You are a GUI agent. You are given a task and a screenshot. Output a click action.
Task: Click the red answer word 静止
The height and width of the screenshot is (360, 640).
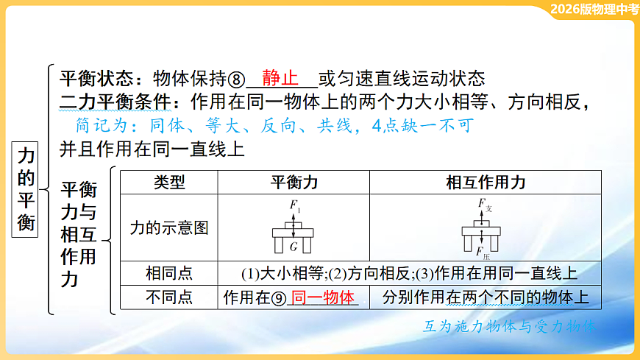[x=280, y=78]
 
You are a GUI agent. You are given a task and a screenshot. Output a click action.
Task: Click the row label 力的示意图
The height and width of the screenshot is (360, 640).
[x=169, y=227]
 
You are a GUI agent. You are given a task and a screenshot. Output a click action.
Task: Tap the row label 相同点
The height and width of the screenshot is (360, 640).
[x=169, y=274]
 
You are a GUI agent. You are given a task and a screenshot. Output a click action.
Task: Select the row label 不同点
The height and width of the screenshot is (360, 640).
[x=169, y=297]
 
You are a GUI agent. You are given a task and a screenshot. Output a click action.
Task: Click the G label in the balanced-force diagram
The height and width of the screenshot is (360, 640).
[x=294, y=247]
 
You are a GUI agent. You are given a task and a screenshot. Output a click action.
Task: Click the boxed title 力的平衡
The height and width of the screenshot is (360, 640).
[x=26, y=188]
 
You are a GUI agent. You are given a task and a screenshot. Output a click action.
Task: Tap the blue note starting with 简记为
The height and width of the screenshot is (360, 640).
[x=273, y=125]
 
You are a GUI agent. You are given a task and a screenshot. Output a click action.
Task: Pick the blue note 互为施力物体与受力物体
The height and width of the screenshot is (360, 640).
[x=509, y=325]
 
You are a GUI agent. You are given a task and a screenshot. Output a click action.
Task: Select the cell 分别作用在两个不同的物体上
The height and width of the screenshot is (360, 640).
[x=486, y=297]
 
